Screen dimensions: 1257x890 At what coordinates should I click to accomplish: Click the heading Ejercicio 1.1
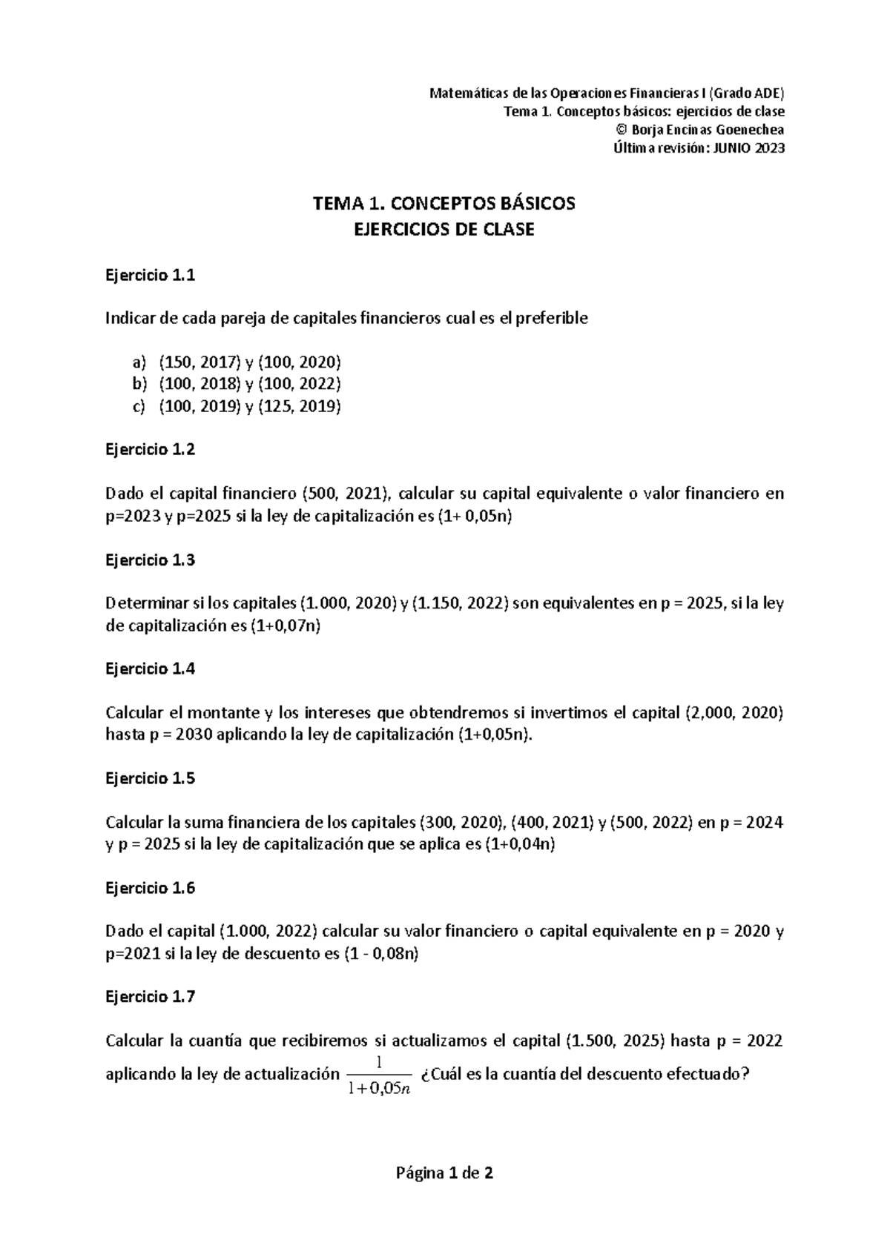150,276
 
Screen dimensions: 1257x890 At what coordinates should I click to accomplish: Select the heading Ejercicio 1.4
150,669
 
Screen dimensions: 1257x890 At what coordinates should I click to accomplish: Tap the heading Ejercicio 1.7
150,997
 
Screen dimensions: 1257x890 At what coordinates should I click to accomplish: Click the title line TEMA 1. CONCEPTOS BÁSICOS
444,203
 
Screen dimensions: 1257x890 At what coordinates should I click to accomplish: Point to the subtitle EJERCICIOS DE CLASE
444,230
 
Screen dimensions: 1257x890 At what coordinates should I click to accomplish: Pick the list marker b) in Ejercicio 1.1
139,384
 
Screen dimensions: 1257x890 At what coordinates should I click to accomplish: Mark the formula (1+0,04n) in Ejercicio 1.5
519,845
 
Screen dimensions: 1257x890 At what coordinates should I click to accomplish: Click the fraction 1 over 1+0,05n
379,1075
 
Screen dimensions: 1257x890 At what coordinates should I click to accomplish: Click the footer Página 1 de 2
444,1173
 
